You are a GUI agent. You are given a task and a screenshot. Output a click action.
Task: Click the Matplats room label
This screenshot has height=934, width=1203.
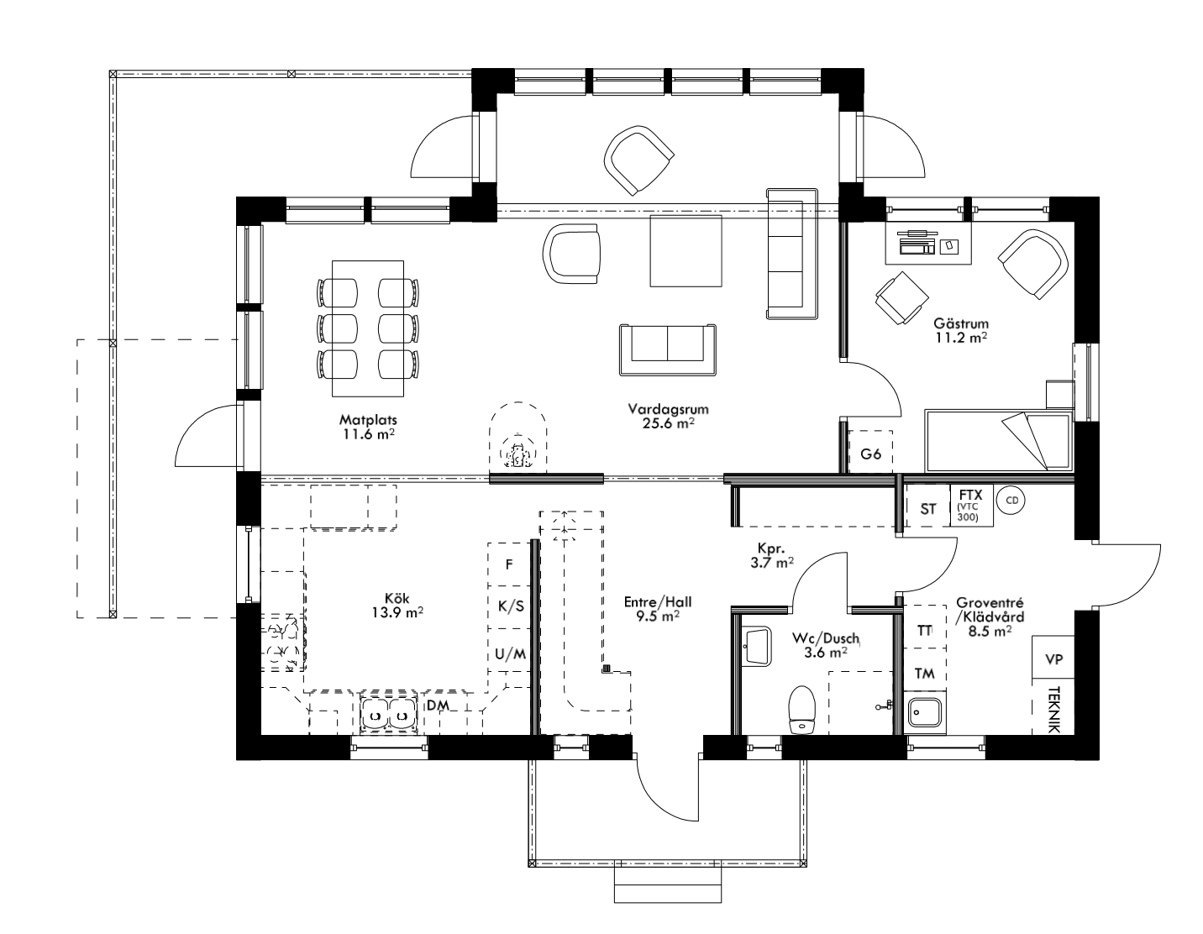[367, 426]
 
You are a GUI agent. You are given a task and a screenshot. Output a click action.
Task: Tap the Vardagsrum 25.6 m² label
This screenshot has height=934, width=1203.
[669, 417]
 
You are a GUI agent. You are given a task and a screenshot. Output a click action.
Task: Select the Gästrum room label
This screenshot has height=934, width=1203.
[960, 330]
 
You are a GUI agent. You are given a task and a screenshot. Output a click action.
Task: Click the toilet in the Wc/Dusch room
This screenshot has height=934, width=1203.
[802, 710]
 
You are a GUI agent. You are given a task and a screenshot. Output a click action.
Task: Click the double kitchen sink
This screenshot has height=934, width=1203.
[387, 713]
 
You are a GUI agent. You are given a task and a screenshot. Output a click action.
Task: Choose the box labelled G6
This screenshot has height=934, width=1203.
[870, 454]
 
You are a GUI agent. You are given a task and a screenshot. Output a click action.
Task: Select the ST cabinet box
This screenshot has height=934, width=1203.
[927, 508]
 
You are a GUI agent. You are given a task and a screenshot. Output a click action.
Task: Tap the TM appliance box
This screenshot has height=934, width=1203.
[924, 673]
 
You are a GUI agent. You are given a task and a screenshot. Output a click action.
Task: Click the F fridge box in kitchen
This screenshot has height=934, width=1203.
[508, 564]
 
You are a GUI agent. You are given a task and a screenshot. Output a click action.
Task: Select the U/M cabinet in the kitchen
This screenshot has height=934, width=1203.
[508, 654]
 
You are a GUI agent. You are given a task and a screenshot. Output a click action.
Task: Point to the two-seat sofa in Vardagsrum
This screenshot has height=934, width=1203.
[668, 350]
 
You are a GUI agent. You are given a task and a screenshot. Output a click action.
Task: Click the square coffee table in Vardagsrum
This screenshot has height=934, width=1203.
[686, 251]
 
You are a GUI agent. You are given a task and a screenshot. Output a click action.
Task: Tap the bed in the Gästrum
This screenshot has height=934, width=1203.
[998, 441]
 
